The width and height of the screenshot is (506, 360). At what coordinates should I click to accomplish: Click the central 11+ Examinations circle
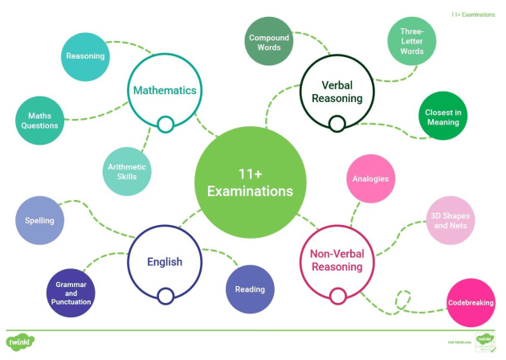pos(251,182)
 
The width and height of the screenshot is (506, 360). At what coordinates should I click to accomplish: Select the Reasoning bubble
pos(85,56)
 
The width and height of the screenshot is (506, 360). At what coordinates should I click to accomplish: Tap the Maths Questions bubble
pos(39,121)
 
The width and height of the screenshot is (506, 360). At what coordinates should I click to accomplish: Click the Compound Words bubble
pos(269,43)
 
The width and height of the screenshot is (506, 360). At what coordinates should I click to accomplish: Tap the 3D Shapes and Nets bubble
pos(450,220)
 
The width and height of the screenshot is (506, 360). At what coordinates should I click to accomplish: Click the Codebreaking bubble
pos(470,303)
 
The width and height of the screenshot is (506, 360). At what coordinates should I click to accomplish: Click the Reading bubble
pos(250,289)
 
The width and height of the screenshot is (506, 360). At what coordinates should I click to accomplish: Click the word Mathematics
pos(165,91)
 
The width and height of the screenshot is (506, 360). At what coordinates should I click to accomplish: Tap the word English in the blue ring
pos(165,261)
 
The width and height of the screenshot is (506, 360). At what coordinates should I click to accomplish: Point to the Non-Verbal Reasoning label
pos(337,260)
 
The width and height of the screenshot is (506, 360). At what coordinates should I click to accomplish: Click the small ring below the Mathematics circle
pos(165,125)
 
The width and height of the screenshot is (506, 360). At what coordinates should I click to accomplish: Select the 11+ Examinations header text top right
pos(473,14)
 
